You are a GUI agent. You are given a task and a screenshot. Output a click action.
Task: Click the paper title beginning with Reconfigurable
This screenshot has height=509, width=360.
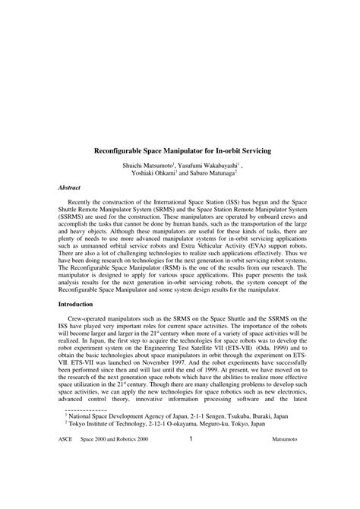(x=180, y=151)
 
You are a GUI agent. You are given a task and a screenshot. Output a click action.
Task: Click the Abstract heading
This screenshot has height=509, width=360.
(x=71, y=187)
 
